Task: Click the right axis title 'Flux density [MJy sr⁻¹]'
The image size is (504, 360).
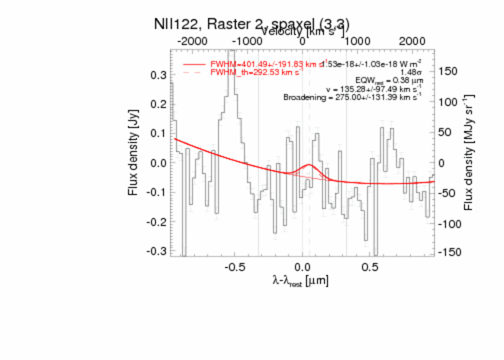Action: (469, 152)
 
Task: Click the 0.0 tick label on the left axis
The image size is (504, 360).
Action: (158, 163)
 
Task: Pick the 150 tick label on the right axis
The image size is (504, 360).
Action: (448, 71)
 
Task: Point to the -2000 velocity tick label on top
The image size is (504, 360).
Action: (194, 40)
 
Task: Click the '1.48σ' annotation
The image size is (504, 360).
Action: (411, 72)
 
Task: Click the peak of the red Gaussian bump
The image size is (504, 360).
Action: (308, 165)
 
